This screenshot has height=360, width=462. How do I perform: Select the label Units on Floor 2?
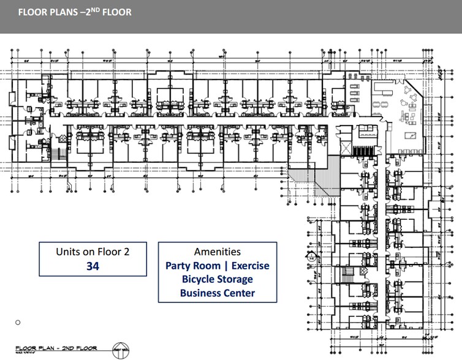pos(93,251)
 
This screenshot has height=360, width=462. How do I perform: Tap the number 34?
pos(93,266)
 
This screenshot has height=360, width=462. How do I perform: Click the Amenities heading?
pos(217,252)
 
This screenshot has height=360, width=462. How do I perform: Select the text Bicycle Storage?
pos(217,279)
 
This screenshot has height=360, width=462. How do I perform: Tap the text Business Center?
pos(217,293)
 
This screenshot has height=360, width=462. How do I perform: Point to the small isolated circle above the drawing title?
pos(18,322)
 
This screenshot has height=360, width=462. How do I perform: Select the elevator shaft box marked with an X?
pos(346,149)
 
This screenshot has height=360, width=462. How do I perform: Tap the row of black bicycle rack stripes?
pos(365,150)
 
